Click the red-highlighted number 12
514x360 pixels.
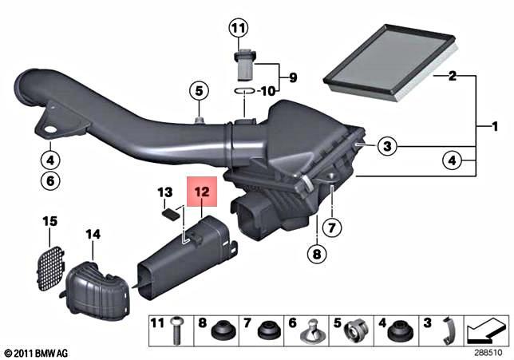coord(200,192)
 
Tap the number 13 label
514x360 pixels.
coord(165,192)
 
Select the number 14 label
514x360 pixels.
coord(93,234)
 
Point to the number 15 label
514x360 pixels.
coord(50,220)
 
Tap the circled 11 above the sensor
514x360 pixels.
coord(238,29)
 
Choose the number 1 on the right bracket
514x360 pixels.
coord(495,126)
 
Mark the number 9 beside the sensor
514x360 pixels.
coord(292,77)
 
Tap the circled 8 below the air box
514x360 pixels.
coord(316,255)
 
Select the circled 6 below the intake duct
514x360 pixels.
coord(49,180)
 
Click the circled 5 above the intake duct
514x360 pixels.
coord(197,89)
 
